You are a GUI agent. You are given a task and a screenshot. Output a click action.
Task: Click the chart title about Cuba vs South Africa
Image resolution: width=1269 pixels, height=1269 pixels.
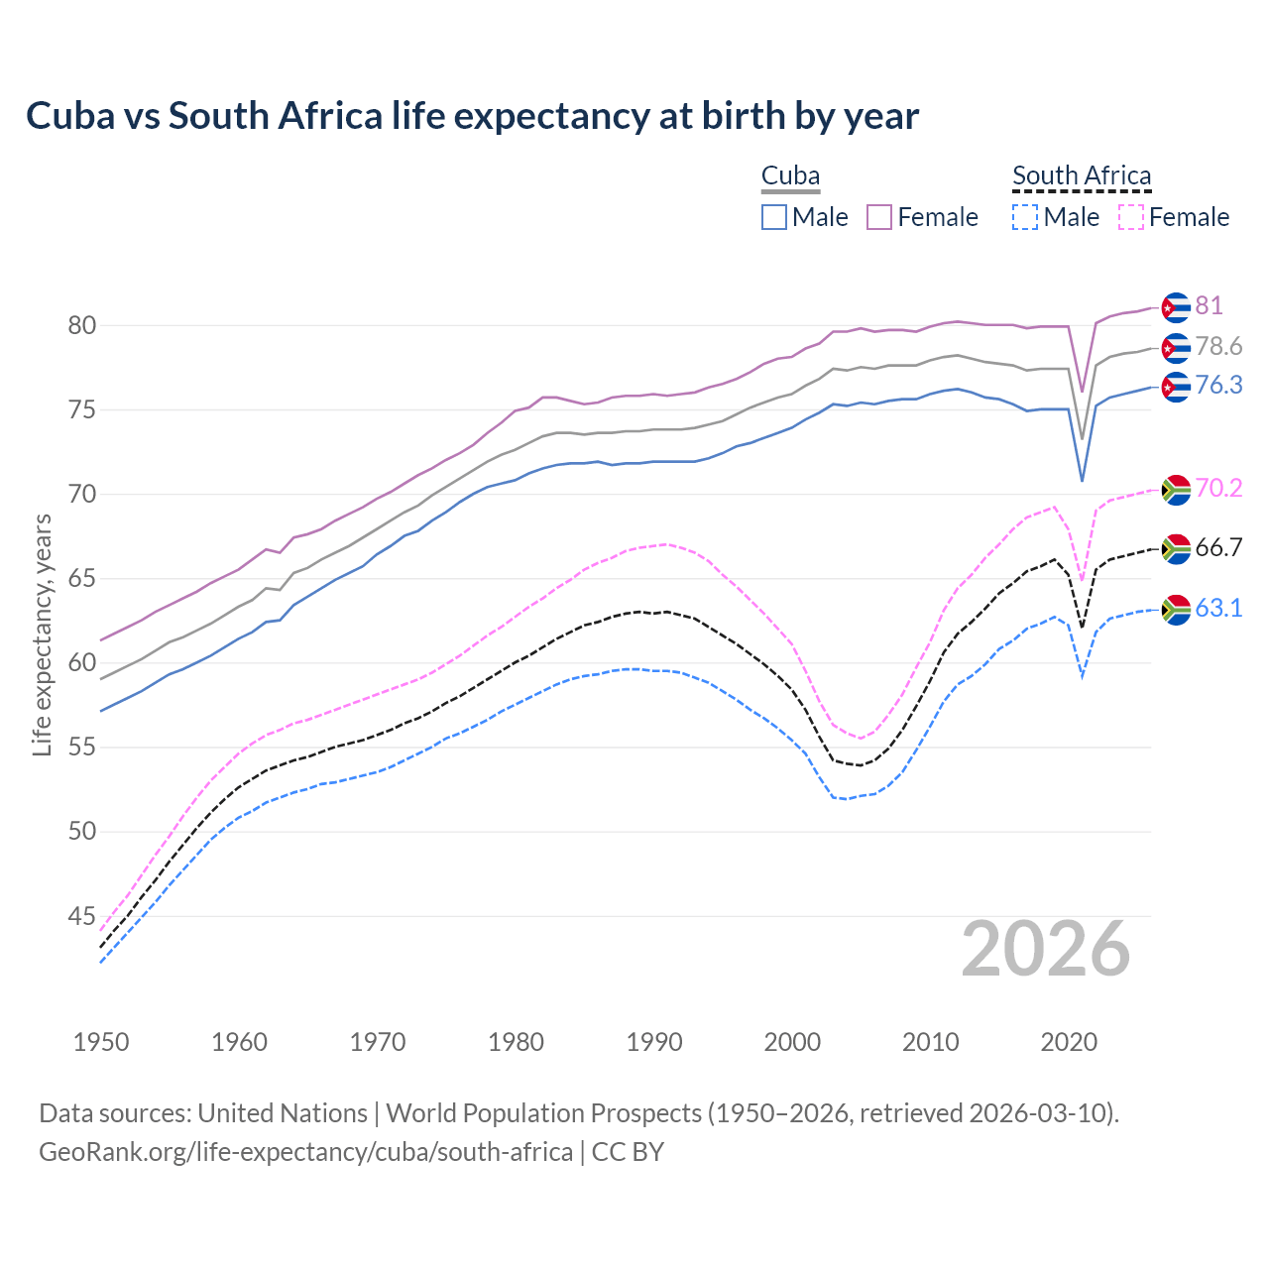pos(472,116)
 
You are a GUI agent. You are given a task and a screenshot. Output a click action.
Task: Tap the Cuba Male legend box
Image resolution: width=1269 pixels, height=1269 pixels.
pos(774,217)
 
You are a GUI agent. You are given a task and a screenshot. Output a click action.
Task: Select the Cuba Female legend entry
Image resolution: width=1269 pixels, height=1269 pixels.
pos(922,217)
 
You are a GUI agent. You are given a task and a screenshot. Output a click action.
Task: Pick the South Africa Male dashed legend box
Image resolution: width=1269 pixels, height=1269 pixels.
pos(1025,217)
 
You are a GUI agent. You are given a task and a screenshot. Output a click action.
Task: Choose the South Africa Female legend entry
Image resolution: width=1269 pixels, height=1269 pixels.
pos(1174,217)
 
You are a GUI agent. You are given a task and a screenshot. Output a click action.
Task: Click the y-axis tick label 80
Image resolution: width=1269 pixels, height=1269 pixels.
pos(81,325)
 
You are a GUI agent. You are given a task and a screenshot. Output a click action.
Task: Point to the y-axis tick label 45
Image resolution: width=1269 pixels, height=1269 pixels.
pos(81,916)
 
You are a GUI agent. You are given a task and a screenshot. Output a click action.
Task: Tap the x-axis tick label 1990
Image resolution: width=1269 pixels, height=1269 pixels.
pos(654,1042)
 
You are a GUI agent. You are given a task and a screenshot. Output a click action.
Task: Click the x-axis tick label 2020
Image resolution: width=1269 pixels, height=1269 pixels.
pos(1069,1042)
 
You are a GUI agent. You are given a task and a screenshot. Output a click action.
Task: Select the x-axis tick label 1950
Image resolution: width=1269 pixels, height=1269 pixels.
pos(101,1042)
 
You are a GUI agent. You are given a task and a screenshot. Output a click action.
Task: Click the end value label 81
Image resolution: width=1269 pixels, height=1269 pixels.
pos(1209,305)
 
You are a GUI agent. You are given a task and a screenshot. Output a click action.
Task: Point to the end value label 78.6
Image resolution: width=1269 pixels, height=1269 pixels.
pos(1218,346)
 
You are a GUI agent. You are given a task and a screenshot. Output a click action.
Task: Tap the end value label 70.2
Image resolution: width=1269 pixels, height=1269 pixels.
pos(1218,488)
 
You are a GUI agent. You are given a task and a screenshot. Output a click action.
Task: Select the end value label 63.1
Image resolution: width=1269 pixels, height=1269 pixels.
pos(1218,608)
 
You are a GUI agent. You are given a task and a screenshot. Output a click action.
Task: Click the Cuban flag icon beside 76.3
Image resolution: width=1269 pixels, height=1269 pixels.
pos(1176,387)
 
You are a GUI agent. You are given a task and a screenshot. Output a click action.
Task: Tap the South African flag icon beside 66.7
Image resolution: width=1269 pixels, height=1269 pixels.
pos(1176,549)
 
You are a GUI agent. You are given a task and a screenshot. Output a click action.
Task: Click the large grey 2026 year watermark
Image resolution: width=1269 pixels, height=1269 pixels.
pos(1045,949)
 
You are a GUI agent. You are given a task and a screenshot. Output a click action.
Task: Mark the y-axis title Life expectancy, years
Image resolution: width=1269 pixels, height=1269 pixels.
pos(42,634)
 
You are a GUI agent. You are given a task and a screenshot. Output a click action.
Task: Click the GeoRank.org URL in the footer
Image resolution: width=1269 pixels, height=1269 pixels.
pos(305,1152)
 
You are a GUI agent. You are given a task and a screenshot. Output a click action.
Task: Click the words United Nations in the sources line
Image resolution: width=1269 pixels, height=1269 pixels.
pos(283,1112)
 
